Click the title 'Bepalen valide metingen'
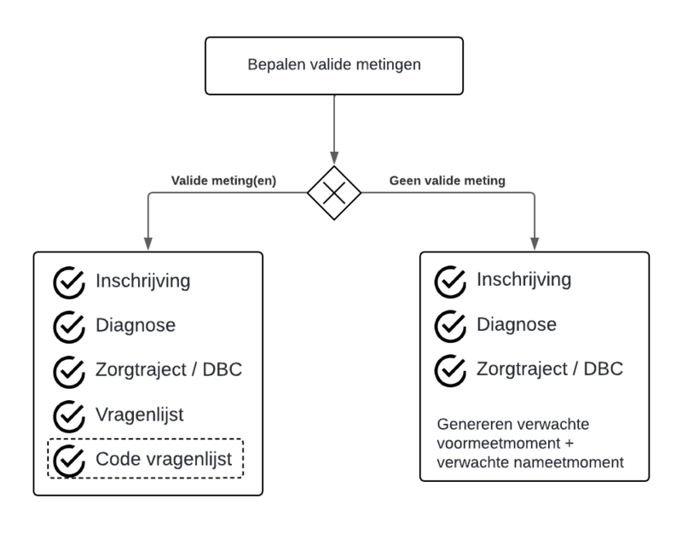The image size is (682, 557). coord(333,64)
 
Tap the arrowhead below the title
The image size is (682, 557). coord(334,158)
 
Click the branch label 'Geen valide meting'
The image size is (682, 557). coord(447,181)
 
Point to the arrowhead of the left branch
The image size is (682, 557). coord(148,244)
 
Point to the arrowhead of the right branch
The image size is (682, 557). coord(535,244)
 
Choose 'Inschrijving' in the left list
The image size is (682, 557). coord(142,281)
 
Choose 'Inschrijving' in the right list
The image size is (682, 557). coord(523,280)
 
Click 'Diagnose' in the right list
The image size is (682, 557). coord(517,325)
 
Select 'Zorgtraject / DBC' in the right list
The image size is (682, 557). coord(550,369)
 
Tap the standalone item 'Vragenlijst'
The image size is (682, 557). coord(140,415)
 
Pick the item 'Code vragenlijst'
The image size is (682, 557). coord(164,459)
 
